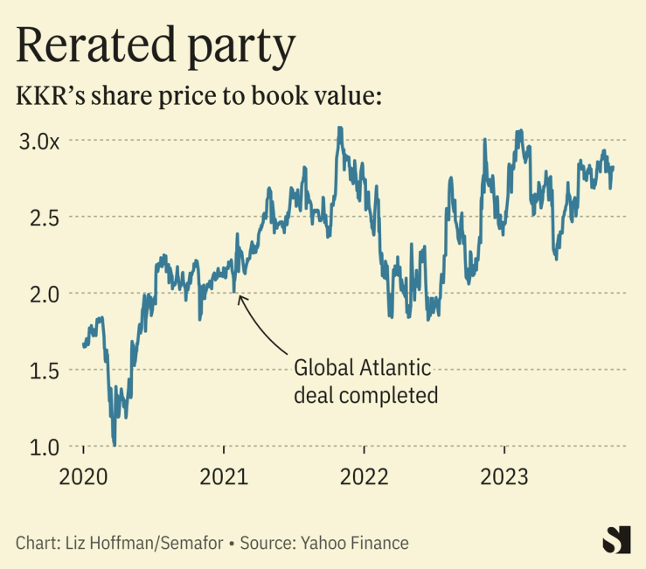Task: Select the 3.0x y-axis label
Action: coord(38,140)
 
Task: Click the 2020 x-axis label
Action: coord(84,476)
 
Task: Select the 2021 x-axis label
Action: coord(225,476)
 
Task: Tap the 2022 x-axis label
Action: coord(365,476)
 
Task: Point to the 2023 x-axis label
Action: coord(505,476)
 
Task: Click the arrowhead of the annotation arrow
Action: coord(240,297)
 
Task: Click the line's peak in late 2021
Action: coord(339,128)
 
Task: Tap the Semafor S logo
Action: coord(616,539)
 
